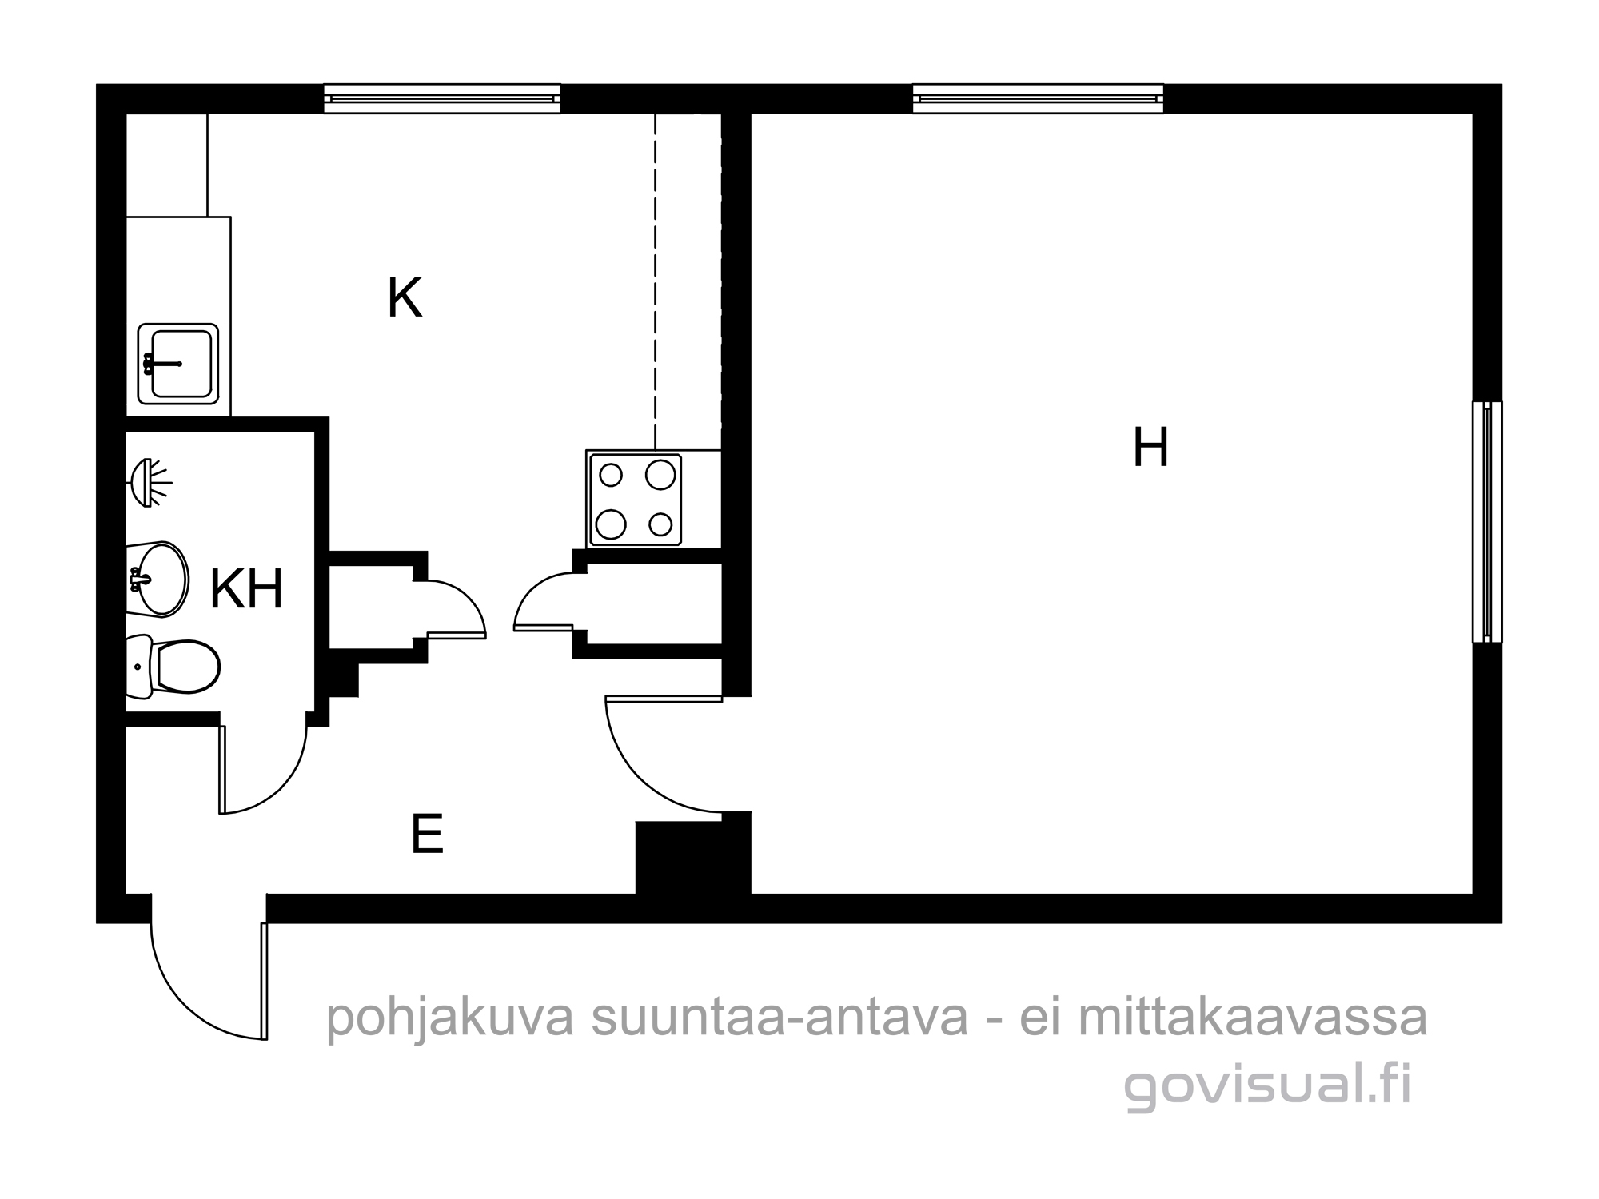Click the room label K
coord(404,298)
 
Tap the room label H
coord(1151,448)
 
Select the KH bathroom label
coord(246,590)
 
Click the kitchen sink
coord(178,364)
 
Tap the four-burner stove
coord(635,500)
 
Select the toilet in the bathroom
coord(173,665)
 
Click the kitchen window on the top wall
coord(442,98)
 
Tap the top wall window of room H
coord(1038,98)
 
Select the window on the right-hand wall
coord(1487,521)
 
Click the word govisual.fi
coord(1267,1085)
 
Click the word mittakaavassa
coord(1252,1018)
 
